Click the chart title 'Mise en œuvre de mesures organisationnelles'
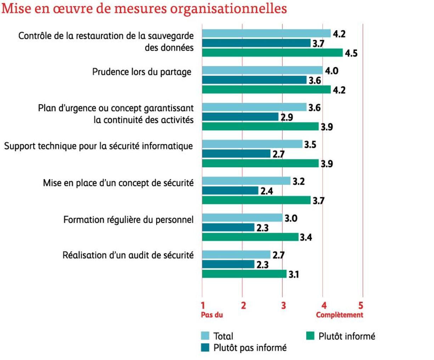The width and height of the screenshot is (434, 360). coord(144,9)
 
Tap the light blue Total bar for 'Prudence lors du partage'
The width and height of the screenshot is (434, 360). coord(262,70)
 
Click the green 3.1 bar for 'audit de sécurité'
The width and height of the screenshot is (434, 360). coord(244,274)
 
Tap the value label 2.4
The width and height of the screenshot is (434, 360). coord(267,191)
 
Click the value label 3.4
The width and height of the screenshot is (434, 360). coord(306,237)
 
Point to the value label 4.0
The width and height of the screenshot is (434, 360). coord(332,71)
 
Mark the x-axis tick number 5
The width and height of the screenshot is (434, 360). coord(361,305)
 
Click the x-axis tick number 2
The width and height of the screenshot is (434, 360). coord(243,305)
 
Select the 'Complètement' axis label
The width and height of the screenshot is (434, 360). coord(339,315)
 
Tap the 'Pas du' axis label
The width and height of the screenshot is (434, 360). coord(212,315)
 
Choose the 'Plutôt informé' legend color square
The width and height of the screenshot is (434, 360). coord(310,336)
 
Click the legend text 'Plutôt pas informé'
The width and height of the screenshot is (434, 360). coord(250,348)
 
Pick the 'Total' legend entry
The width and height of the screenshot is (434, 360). coord(223,336)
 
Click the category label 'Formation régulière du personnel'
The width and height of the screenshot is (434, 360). coord(128,220)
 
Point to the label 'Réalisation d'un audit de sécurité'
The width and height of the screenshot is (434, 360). coord(128,255)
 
